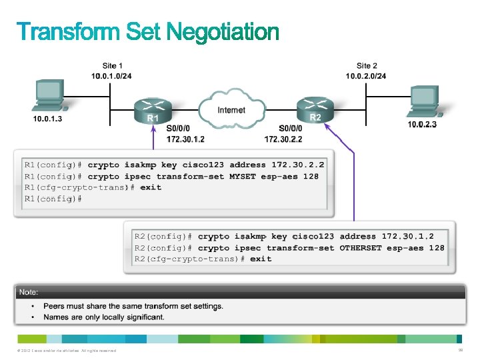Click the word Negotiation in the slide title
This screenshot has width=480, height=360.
point(222,32)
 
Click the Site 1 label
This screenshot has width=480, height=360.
point(112,66)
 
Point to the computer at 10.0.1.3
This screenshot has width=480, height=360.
point(49,97)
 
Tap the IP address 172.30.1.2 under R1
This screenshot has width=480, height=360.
point(185,139)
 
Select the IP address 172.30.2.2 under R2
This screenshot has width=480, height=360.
point(283,139)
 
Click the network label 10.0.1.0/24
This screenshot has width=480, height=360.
point(111,75)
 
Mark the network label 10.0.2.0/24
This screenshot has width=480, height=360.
point(365,75)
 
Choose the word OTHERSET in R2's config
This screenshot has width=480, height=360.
point(361,247)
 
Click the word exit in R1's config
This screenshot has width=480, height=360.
point(151,187)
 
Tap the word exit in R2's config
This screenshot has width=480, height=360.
point(261,259)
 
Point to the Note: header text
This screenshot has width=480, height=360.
point(28,293)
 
